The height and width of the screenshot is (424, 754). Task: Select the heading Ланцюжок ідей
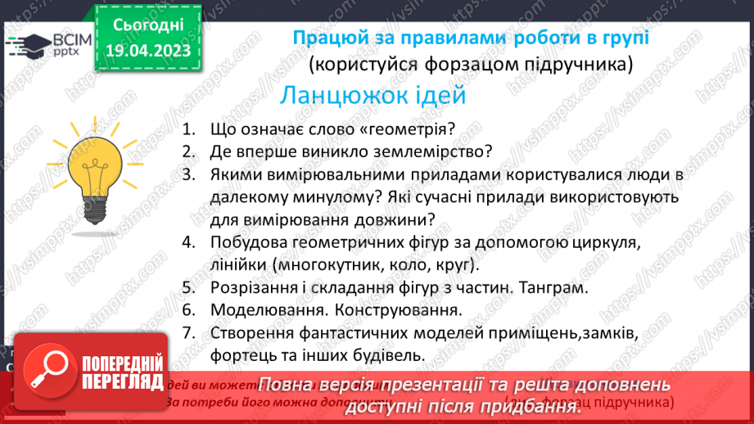372,95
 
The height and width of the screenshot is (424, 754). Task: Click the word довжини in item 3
393,219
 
